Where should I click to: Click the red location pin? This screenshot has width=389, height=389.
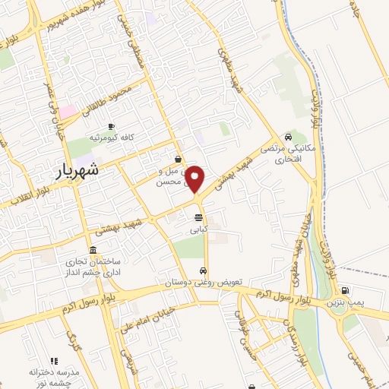point(195,179)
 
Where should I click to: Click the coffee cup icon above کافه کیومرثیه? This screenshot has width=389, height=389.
point(112,126)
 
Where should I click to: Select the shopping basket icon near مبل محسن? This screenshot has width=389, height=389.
point(178,160)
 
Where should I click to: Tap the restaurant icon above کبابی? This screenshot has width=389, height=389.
point(198,217)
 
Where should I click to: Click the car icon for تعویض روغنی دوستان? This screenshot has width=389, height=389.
point(204,271)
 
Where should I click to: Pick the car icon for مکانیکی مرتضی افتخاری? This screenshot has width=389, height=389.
point(289,137)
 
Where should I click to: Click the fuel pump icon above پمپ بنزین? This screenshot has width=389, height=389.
point(346,289)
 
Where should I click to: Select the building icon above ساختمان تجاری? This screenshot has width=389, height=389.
point(93,251)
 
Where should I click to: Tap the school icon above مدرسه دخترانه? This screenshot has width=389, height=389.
point(53,361)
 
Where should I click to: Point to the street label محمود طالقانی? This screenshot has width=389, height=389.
point(119,96)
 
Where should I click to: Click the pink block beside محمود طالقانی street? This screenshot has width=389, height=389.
point(68,111)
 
